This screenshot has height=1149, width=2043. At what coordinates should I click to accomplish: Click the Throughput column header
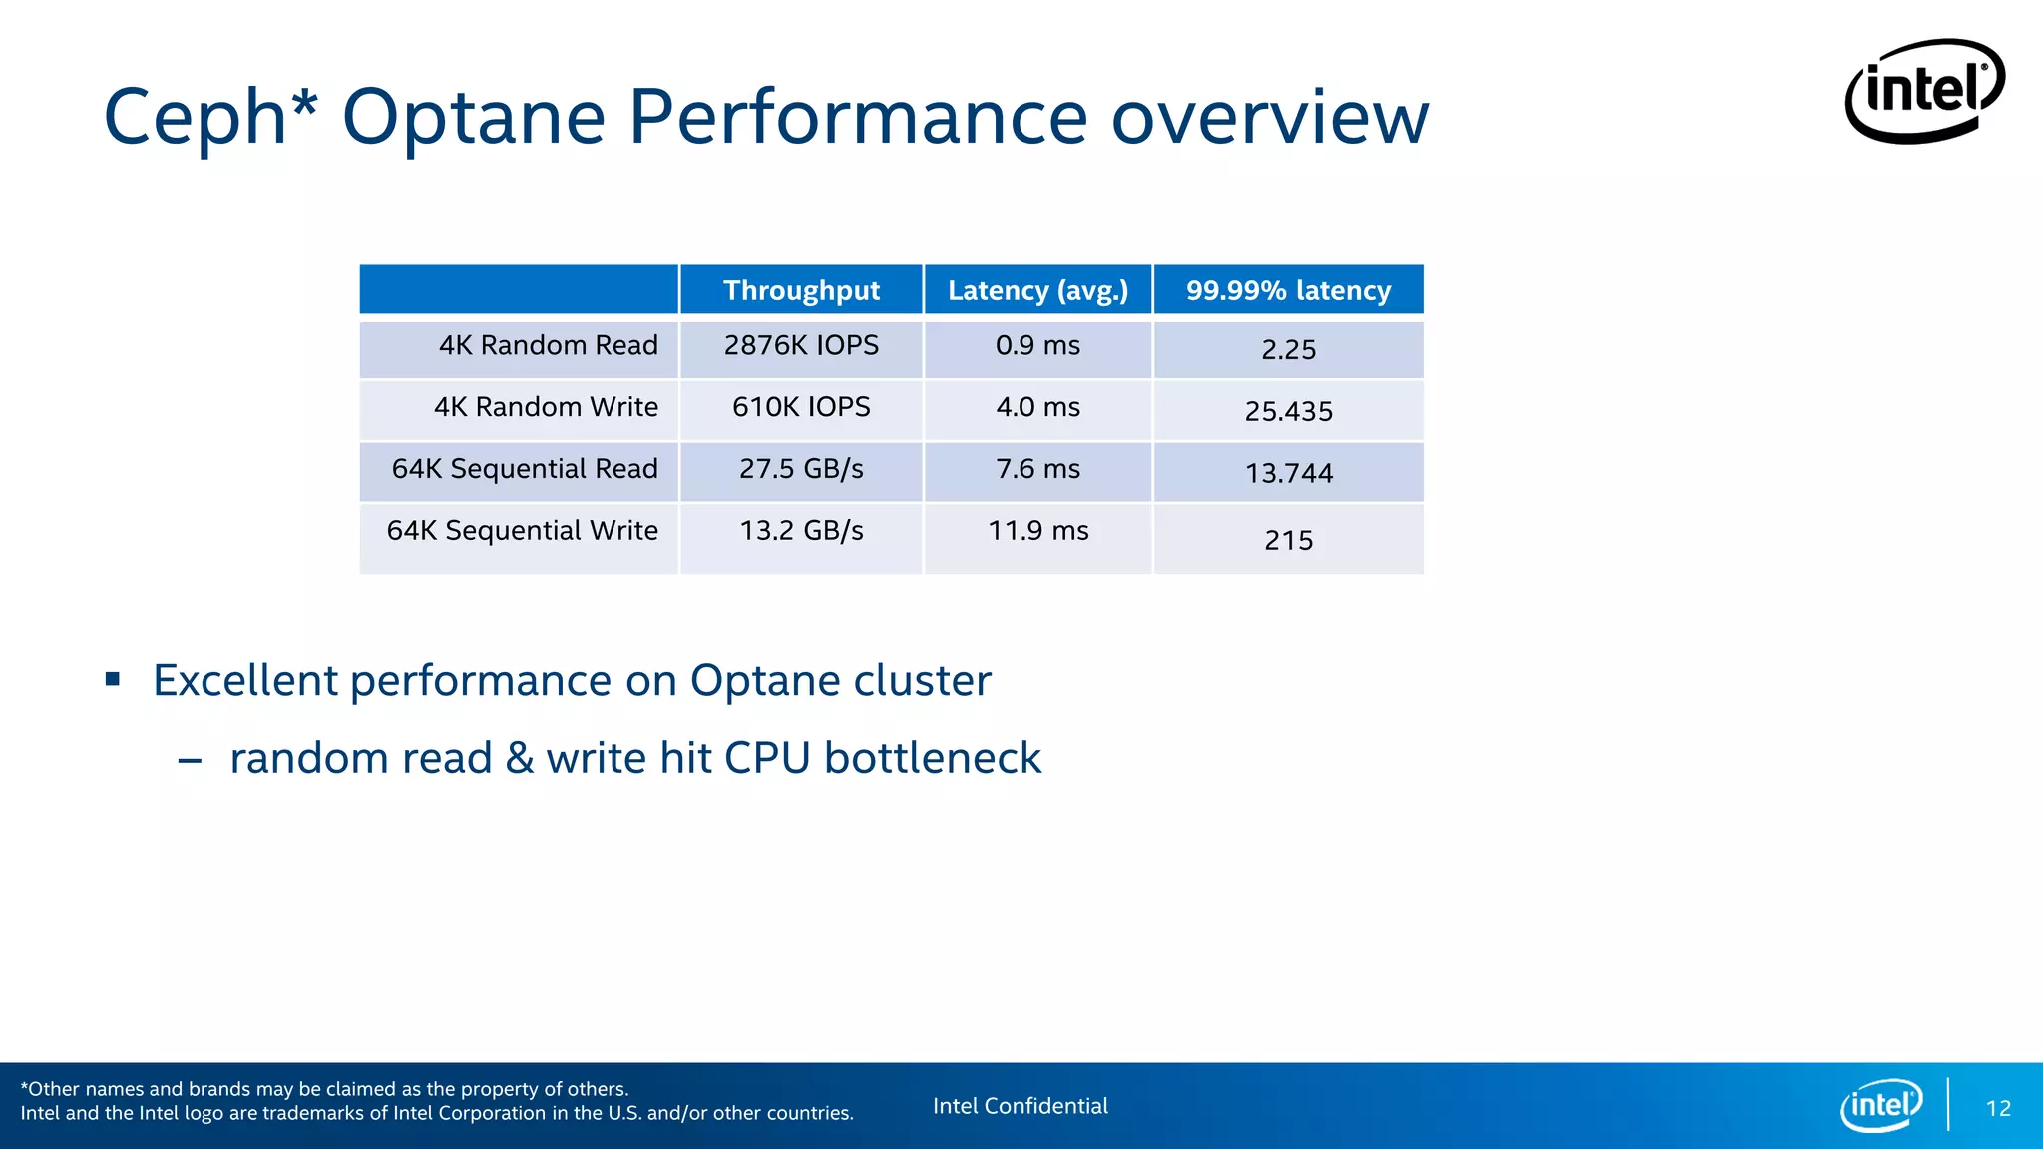[x=801, y=290]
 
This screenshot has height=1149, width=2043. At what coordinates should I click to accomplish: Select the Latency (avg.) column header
[x=1037, y=290]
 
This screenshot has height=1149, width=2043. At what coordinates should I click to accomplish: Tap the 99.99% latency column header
[x=1288, y=290]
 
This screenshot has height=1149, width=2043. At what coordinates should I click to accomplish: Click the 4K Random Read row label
[x=548, y=345]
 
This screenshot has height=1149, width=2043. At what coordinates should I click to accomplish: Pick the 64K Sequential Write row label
[x=522, y=530]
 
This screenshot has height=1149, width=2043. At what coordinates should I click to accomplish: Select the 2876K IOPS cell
[x=801, y=345]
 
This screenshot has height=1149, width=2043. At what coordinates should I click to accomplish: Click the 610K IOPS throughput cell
[x=801, y=407]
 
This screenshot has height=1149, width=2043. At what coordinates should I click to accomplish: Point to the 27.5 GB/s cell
[x=801, y=469]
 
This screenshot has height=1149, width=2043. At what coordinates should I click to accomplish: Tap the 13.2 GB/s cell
[x=801, y=530]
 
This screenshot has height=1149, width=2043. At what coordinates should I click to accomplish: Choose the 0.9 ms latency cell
[x=1037, y=345]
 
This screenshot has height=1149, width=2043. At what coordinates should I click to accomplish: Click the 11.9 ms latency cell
[x=1037, y=530]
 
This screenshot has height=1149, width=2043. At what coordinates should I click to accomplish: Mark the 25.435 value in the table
[x=1288, y=411]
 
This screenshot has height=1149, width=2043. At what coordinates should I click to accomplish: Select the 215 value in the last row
[x=1288, y=540]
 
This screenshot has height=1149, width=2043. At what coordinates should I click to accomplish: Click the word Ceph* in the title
[x=210, y=118]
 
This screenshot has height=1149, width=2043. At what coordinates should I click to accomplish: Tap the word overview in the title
[x=1269, y=118]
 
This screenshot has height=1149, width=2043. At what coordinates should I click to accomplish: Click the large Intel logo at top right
[x=1924, y=91]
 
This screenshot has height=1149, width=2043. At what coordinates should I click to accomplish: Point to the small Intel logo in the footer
[x=1881, y=1105]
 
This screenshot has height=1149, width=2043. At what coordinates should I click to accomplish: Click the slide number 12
[x=1998, y=1108]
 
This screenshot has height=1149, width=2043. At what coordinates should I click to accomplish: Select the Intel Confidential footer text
[x=1020, y=1106]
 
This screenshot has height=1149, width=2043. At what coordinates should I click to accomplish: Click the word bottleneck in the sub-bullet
[x=933, y=758]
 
